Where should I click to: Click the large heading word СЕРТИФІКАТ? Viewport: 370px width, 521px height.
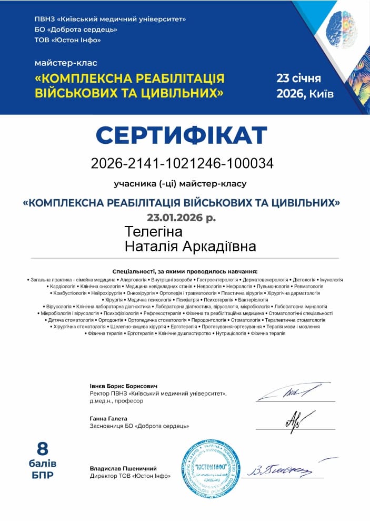tap(182, 135)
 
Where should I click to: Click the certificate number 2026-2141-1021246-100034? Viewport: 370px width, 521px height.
tap(182, 163)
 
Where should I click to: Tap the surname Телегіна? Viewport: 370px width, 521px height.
tap(154, 232)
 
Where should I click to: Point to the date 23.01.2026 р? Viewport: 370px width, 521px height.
tap(181, 217)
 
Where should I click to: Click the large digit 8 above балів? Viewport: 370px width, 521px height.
tap(42, 449)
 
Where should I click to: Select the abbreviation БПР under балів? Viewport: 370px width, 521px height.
tap(42, 475)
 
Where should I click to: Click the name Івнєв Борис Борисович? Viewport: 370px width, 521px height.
tap(124, 386)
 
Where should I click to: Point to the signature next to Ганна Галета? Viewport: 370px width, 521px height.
tap(293, 420)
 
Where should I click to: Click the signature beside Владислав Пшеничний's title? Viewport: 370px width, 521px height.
tap(280, 468)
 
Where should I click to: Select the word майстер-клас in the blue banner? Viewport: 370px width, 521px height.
tap(66, 63)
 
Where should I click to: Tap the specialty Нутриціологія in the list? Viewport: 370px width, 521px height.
tap(231, 333)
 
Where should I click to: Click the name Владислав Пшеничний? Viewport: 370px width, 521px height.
tap(123, 468)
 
